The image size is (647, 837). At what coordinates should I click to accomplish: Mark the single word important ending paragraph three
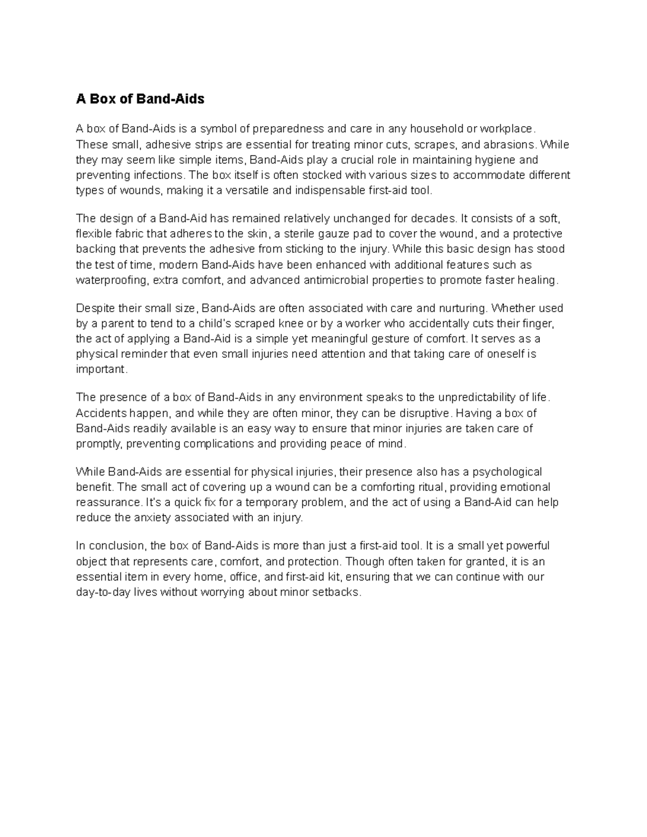pyautogui.click(x=101, y=370)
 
